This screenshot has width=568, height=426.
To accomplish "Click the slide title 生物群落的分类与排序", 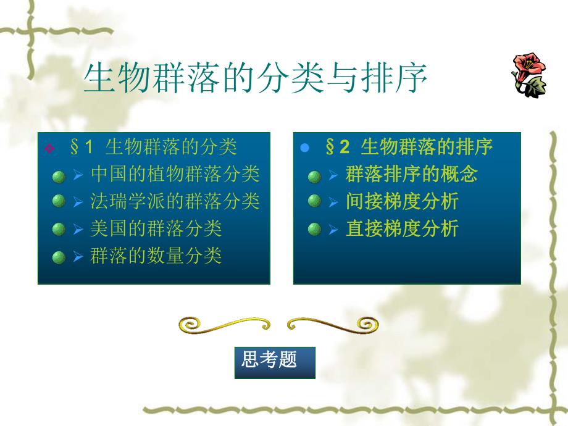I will (255, 78).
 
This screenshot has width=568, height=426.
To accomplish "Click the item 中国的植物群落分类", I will (175, 174).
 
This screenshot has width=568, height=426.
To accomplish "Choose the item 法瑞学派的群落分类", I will (175, 201).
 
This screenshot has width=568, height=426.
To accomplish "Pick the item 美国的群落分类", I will (156, 228).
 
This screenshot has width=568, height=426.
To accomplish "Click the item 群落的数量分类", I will (156, 256).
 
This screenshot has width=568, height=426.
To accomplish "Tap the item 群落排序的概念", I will (411, 174).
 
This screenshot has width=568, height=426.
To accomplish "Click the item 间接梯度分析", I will (402, 201).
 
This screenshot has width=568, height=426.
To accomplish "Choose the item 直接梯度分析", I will (402, 228).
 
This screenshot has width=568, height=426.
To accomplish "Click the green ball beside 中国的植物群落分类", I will (59, 175).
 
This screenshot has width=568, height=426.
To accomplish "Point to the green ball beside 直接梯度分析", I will (314, 230).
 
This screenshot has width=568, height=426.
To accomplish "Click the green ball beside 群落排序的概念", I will (314, 176).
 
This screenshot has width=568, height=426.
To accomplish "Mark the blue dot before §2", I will (303, 148).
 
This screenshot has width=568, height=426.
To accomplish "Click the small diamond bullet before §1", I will (50, 148).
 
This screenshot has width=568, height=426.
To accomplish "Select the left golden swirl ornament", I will (224, 324).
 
